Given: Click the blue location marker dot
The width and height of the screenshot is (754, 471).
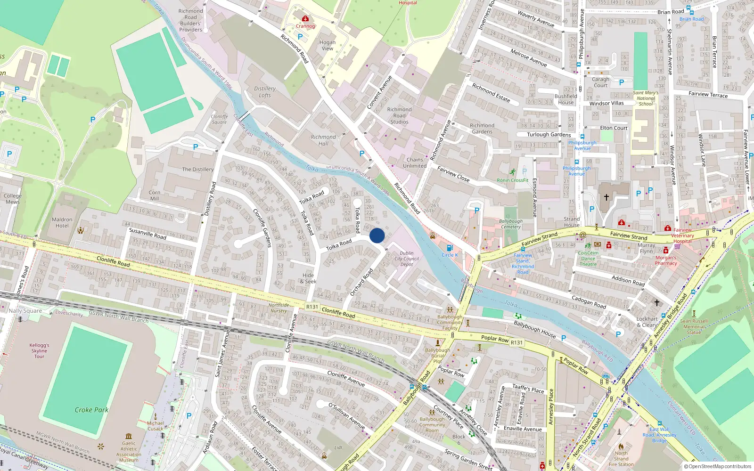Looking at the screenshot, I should point(377,235).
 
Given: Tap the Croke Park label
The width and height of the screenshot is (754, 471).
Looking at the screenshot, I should point(91,410).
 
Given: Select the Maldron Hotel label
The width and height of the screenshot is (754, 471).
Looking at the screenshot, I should point(62,223).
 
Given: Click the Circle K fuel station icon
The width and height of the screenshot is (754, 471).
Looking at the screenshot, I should point(450,248).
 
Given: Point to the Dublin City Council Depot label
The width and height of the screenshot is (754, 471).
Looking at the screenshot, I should point(407,259).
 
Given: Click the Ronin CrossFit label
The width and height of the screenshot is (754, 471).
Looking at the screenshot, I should point(513,180).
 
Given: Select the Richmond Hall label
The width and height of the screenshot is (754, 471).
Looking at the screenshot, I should point(323,140).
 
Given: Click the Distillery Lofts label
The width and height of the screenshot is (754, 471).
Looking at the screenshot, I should point(265,92).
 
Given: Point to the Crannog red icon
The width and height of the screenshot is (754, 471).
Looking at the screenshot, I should point(305,19).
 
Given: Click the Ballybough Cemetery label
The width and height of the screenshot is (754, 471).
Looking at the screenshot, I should point(511,224).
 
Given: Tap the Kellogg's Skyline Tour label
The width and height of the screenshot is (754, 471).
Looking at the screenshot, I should point(39,350).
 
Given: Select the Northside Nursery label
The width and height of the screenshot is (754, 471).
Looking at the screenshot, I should point(279,308).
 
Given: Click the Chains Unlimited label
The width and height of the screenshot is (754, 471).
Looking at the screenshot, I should point(415,162).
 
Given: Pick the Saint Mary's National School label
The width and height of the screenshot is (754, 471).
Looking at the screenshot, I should point(646,98).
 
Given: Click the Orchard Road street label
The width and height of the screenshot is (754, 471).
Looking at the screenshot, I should point(361,282).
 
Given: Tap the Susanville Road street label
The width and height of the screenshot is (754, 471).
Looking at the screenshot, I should point(148,234).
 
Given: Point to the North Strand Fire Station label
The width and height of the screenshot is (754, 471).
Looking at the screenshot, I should point(621,459).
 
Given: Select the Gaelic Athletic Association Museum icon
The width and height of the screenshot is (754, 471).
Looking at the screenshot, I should point(129,436).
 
